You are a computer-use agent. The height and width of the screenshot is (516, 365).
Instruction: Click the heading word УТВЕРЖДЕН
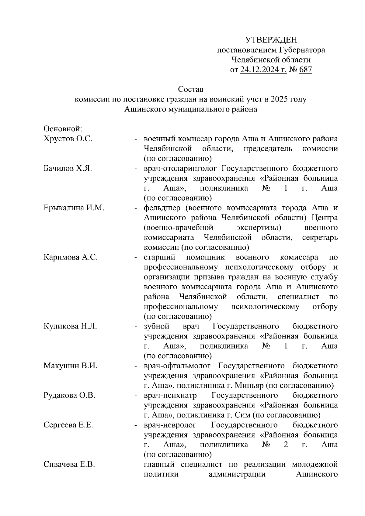[x=271, y=40]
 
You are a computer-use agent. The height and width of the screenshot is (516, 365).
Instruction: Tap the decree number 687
[x=305, y=70]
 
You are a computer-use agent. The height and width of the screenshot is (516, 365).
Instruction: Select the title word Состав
[x=190, y=90]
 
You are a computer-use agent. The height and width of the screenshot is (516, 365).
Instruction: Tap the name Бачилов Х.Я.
[x=68, y=169]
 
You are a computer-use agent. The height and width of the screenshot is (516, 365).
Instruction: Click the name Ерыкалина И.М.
[x=74, y=208]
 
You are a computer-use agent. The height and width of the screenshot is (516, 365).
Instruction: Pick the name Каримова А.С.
[x=71, y=257]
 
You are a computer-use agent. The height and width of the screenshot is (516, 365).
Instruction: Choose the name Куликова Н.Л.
[x=70, y=327]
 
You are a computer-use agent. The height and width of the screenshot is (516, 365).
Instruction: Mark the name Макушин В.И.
[x=70, y=366]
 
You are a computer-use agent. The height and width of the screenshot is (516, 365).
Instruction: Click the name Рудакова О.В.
[x=70, y=396]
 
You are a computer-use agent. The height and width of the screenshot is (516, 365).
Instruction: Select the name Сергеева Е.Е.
[x=68, y=425]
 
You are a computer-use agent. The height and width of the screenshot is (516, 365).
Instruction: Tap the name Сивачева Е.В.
[x=69, y=465]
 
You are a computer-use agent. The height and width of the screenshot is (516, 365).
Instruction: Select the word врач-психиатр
[x=170, y=396]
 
